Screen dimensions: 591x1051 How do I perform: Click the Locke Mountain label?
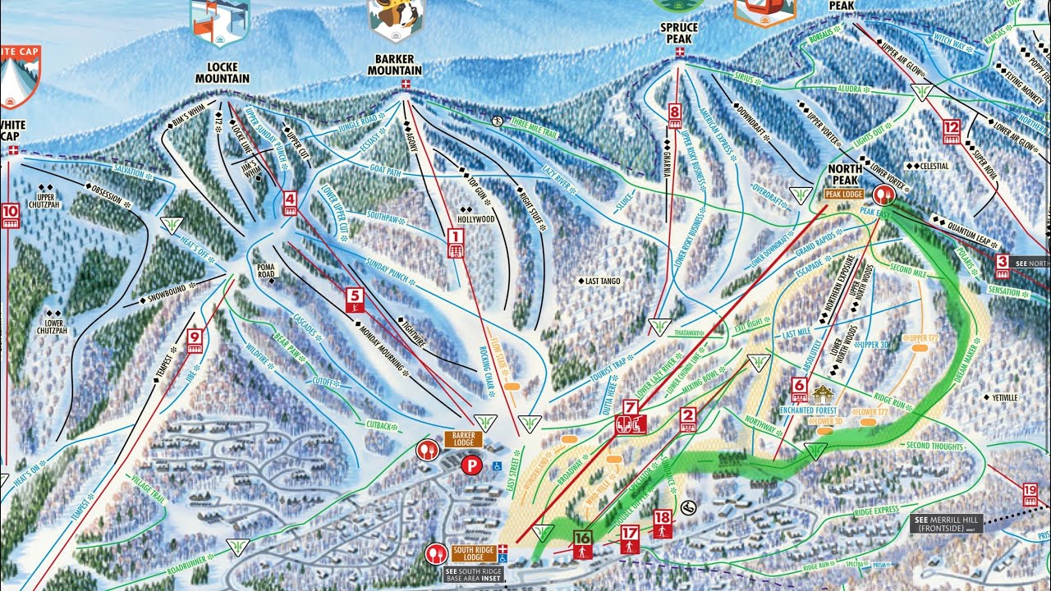[222, 73]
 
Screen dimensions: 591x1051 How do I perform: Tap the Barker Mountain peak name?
[394, 65]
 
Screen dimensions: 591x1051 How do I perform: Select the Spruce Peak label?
[678, 33]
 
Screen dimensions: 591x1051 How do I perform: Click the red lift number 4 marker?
[290, 203]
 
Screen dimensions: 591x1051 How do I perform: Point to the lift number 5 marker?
[354, 300]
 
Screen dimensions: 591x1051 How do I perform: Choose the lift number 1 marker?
[456, 243]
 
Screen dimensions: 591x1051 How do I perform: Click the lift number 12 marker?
[952, 131]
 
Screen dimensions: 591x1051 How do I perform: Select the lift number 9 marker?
[195, 340]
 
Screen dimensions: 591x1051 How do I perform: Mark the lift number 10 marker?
[10, 216]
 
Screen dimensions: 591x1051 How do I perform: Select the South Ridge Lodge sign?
[473, 552]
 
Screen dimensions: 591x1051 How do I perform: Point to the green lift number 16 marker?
[582, 543]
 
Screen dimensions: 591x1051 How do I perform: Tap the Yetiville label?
[1000, 397]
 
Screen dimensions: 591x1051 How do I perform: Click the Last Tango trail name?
[602, 282]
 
